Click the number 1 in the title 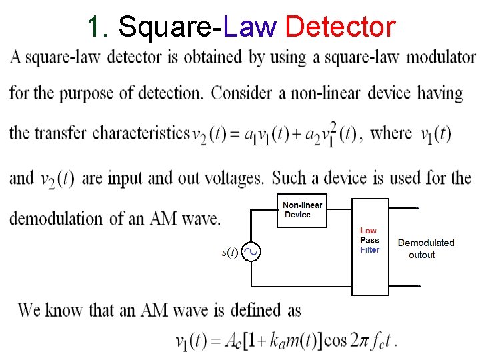pyautogui.click(x=93, y=27)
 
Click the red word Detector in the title pyautogui.click(x=340, y=27)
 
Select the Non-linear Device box pyautogui.click(x=302, y=210)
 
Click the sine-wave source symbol pyautogui.click(x=251, y=252)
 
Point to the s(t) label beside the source pyautogui.click(x=230, y=252)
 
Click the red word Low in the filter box pyautogui.click(x=369, y=231)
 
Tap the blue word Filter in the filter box pyautogui.click(x=369, y=250)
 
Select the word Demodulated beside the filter pyautogui.click(x=425, y=243)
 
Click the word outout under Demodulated pyautogui.click(x=421, y=255)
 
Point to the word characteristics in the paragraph pyautogui.click(x=141, y=133)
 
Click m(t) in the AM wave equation pyautogui.click(x=305, y=342)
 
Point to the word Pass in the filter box pyautogui.click(x=369, y=240)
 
